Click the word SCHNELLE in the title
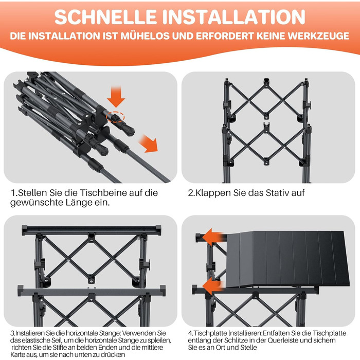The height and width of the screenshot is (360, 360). (x=105, y=17)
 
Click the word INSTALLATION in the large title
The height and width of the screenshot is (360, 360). (x=233, y=17)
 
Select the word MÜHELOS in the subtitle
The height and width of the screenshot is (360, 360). (x=146, y=36)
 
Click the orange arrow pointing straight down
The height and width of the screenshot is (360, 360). (x=116, y=97)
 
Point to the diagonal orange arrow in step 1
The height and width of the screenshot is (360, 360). (x=149, y=144)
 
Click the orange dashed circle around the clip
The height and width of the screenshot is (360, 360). (x=115, y=117)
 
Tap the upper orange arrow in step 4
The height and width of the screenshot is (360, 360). (x=213, y=238)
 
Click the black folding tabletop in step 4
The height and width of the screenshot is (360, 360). (x=287, y=259)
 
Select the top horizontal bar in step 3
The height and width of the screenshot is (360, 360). (x=92, y=230)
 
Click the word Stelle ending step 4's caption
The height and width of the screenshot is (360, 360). (x=248, y=347)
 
